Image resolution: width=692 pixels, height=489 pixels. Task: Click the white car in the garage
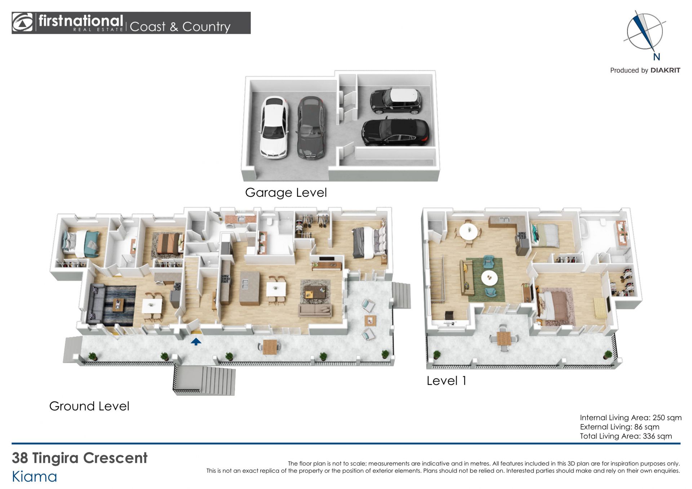coord(274,127)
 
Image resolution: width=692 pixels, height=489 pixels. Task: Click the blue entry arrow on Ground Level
coord(196,341)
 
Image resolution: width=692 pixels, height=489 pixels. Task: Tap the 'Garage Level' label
coord(286,193)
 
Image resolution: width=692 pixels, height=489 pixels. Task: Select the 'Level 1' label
coord(446,381)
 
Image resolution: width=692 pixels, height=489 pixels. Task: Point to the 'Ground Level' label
coord(89,406)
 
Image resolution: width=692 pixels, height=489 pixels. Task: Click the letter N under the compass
coord(656,57)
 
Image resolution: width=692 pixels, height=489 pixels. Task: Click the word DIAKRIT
coord(665,70)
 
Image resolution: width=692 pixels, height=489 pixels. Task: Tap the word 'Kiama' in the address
coord(35,476)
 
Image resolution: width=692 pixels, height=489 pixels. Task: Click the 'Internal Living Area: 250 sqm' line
coord(631,418)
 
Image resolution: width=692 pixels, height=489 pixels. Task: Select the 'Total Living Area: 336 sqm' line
coord(626,436)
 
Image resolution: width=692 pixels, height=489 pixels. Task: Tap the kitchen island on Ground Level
coord(249,288)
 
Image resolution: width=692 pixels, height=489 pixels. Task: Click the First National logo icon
coord(22,23)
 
